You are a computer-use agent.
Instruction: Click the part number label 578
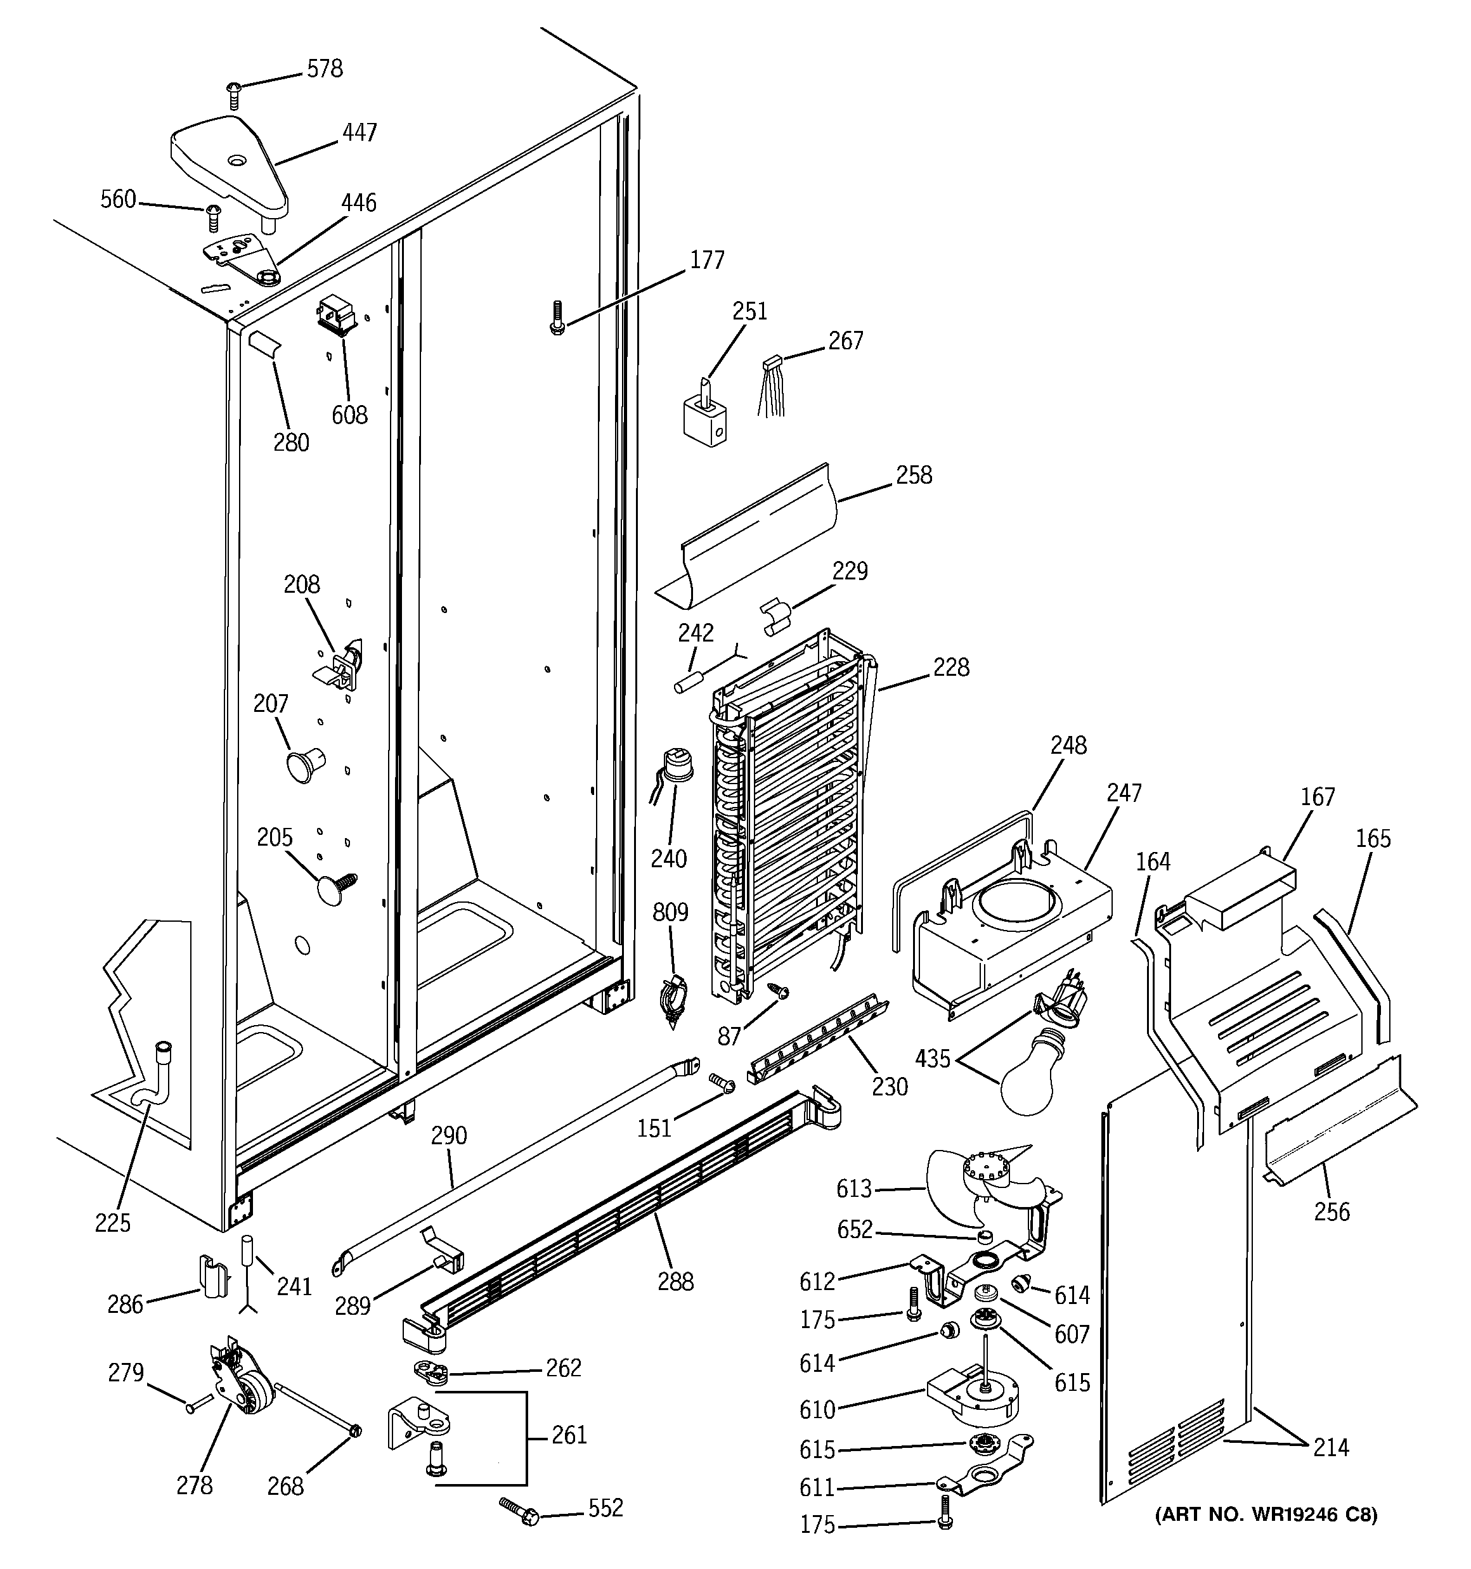pyautogui.click(x=325, y=70)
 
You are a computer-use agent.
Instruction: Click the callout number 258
pyautogui.click(x=914, y=475)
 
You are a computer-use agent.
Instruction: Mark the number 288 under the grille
pyautogui.click(x=675, y=1281)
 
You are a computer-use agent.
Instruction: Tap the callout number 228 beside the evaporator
pyautogui.click(x=950, y=668)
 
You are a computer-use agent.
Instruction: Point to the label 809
pyautogui.click(x=670, y=912)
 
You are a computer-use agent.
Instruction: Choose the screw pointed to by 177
pyautogui.click(x=557, y=319)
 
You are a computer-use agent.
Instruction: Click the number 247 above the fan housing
pyautogui.click(x=1124, y=792)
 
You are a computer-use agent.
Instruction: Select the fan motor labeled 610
pyautogui.click(x=973, y=1408)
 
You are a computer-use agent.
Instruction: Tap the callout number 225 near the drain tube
pyautogui.click(x=113, y=1224)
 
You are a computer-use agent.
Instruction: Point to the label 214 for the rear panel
pyautogui.click(x=1332, y=1447)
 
